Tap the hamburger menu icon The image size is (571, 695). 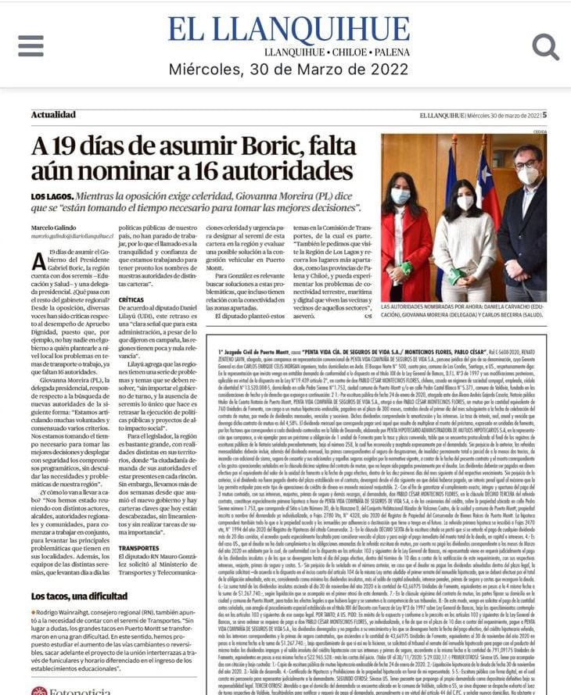[x=31, y=45]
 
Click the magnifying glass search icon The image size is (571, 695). [x=544, y=46]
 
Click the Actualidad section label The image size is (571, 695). [x=53, y=114]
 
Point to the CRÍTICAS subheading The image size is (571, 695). [x=131, y=299]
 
